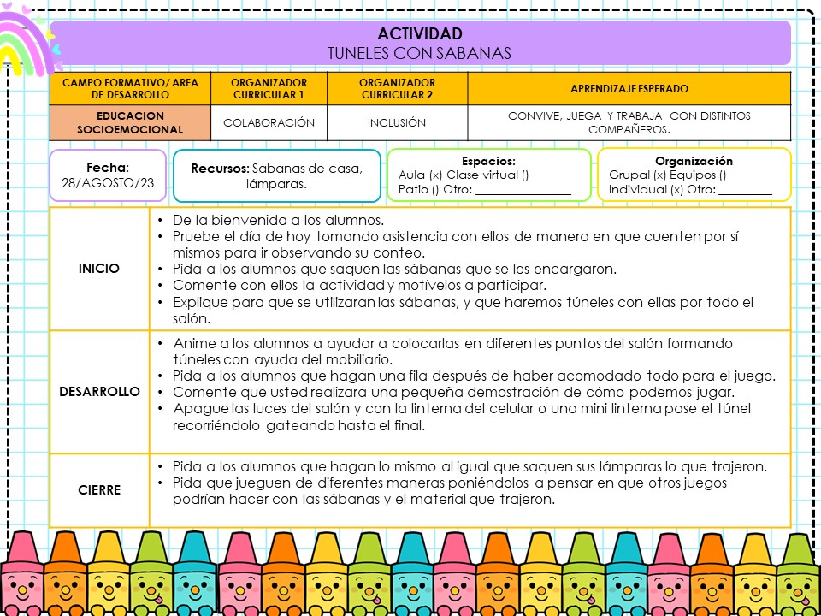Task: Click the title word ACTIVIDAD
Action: pos(419,34)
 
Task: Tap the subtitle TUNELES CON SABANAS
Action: pos(419,53)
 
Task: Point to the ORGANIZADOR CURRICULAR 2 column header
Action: pos(397,88)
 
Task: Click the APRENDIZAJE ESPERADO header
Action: pos(629,88)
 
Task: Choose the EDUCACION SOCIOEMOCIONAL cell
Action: pos(130,122)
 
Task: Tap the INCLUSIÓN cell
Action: pos(397,122)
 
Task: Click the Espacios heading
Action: pos(488,161)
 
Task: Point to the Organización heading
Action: pos(694,161)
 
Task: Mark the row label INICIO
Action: pos(99,268)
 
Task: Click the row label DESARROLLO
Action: pos(99,391)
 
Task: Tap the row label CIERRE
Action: pos(99,490)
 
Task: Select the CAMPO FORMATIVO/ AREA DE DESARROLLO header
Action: pos(130,88)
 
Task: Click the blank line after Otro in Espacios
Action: pos(523,190)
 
